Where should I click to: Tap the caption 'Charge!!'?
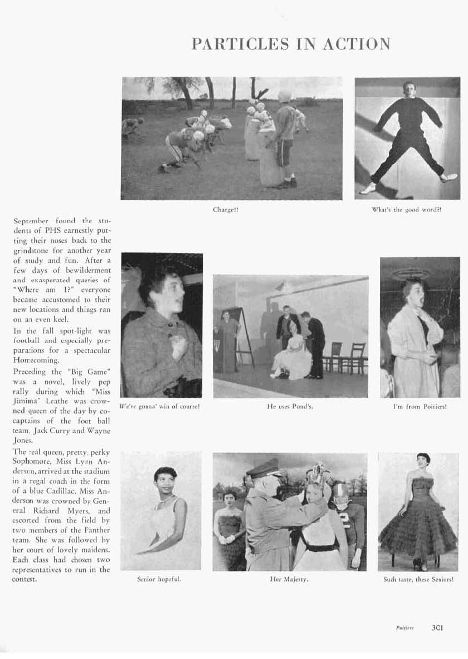point(225,210)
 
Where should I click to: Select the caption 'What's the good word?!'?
point(407,210)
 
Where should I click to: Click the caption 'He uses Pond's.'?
point(290,406)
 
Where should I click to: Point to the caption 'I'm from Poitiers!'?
point(420,406)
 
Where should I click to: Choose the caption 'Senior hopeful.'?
point(159,579)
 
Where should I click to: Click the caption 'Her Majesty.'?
point(289,579)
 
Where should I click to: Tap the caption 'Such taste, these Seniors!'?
point(419,579)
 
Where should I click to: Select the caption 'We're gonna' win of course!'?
point(162,406)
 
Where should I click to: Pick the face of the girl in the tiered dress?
point(423,463)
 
